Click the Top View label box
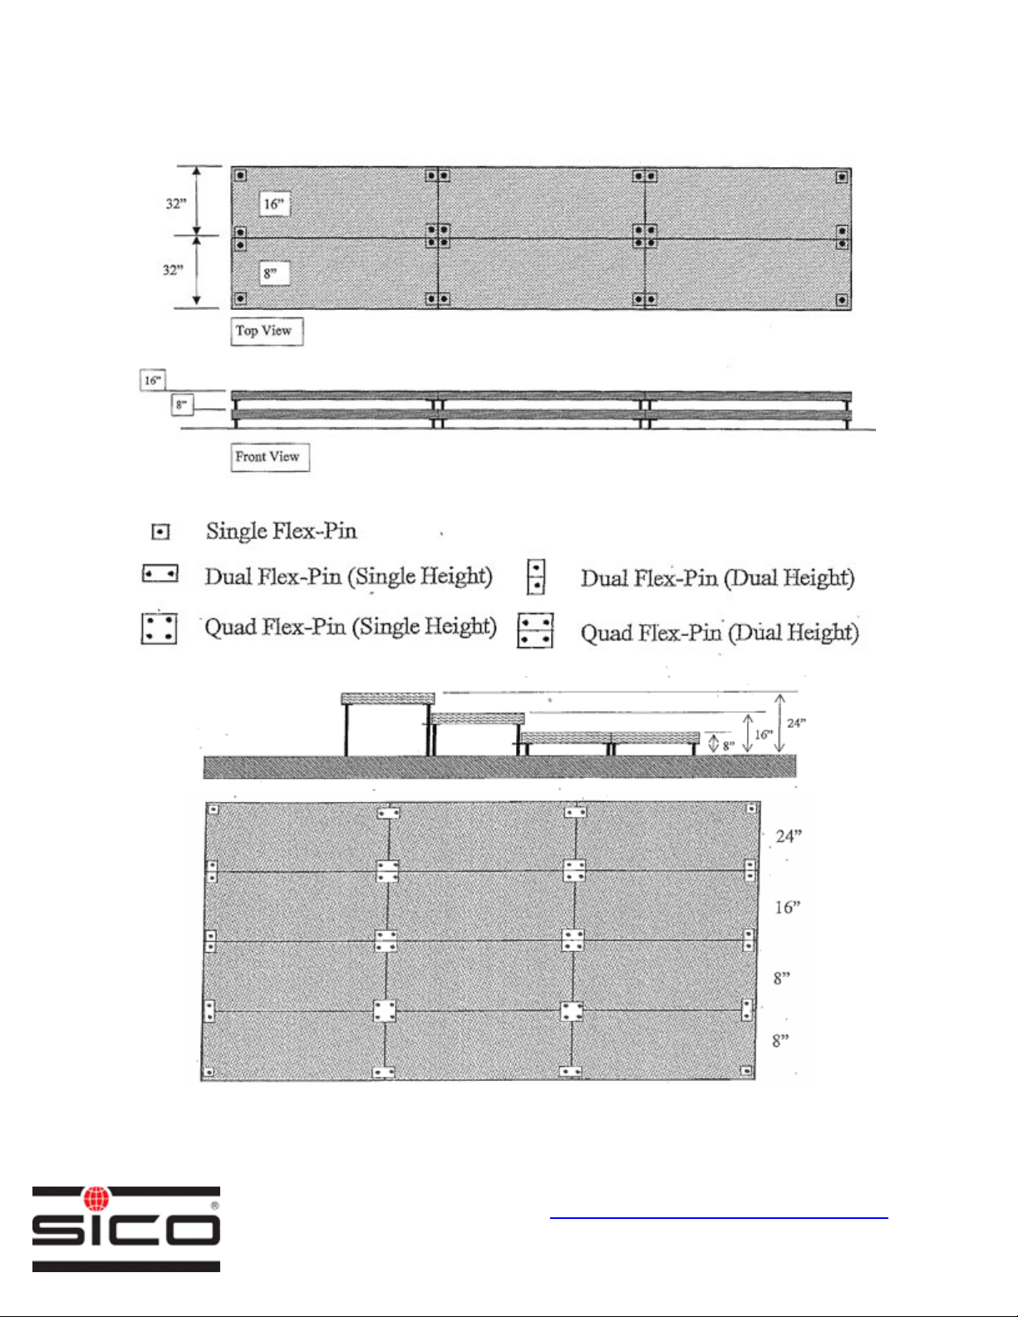(x=266, y=331)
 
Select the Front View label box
(x=269, y=457)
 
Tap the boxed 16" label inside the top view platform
(x=274, y=204)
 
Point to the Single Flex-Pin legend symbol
(x=160, y=532)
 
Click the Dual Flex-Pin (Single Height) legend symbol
(x=160, y=574)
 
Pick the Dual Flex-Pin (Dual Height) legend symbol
(x=536, y=577)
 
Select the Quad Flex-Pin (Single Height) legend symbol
(x=159, y=628)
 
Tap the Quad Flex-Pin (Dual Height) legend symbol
(x=536, y=631)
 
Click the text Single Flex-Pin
(x=281, y=531)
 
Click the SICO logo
(x=126, y=1229)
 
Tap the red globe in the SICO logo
(x=97, y=1198)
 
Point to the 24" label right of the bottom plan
(x=788, y=836)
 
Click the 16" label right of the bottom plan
(x=787, y=907)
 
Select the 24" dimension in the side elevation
(x=795, y=723)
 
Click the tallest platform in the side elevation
(x=388, y=699)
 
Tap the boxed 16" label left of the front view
(x=153, y=381)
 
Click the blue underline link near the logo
(x=719, y=1218)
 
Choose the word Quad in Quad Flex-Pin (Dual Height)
(x=605, y=633)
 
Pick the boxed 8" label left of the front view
(x=182, y=405)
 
